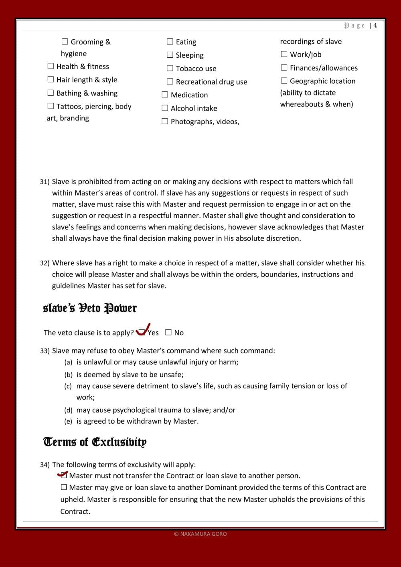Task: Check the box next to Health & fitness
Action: pyautogui.click(x=51, y=66)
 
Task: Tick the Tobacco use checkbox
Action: pyautogui.click(x=170, y=68)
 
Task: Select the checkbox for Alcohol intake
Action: pyautogui.click(x=165, y=108)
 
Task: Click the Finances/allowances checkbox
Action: pyautogui.click(x=284, y=67)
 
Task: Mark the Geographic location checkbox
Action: pyautogui.click(x=284, y=81)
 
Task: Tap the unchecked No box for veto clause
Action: pyautogui.click(x=168, y=332)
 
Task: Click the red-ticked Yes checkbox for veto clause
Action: pyautogui.click(x=142, y=332)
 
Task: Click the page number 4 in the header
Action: pyautogui.click(x=375, y=26)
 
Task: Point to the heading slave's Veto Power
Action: pyautogui.click(x=90, y=308)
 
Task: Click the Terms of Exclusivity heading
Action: pyautogui.click(x=95, y=442)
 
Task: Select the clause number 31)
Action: pyautogui.click(x=45, y=182)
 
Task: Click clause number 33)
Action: pyautogui.click(x=45, y=351)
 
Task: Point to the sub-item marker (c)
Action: pyautogui.click(x=68, y=386)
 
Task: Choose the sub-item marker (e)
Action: pyautogui.click(x=68, y=422)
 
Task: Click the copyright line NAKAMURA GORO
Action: pyautogui.click(x=200, y=534)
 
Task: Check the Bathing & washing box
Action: pyautogui.click(x=51, y=93)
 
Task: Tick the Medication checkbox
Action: pyautogui.click(x=165, y=95)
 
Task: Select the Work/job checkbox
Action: pyautogui.click(x=284, y=54)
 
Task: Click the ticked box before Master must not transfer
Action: pyautogui.click(x=63, y=475)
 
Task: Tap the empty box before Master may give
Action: pyautogui.click(x=64, y=487)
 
